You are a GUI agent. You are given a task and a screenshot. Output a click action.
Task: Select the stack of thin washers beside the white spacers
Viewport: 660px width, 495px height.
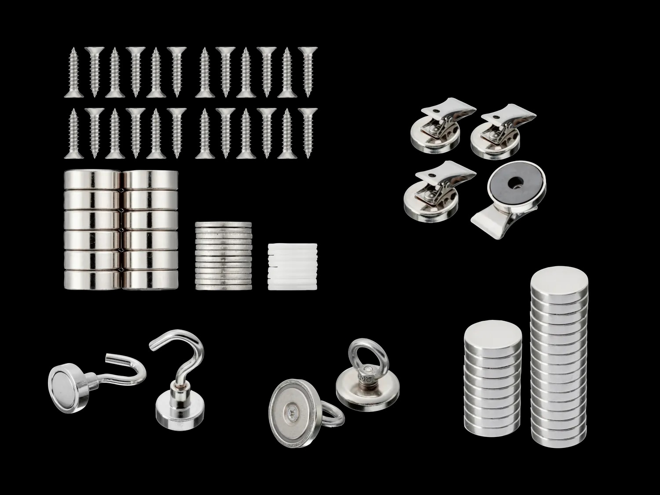tap(224, 256)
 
